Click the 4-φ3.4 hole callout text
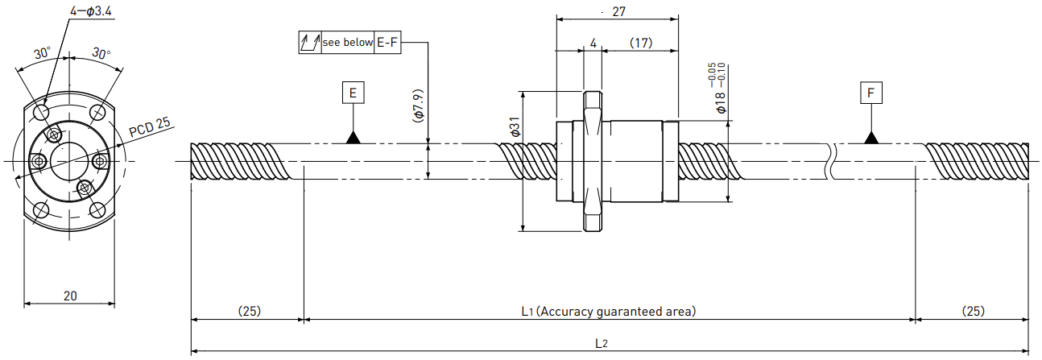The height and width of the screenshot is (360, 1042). [91, 11]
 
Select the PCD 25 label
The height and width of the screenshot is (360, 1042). [150, 127]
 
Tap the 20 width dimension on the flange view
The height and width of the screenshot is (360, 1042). [70, 296]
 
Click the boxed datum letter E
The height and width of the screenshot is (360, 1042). [353, 93]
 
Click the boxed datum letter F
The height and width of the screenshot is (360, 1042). [870, 93]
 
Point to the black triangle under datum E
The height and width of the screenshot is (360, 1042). [353, 138]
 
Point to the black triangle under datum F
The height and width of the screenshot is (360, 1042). [870, 138]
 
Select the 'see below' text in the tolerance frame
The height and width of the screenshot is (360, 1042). [348, 43]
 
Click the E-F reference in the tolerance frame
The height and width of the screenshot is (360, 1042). [387, 43]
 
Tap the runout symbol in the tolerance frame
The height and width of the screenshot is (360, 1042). [310, 43]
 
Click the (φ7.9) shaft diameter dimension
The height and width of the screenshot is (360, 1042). [418, 106]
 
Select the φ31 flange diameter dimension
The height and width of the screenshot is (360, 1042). [515, 126]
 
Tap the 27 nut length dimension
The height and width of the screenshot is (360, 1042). [618, 11]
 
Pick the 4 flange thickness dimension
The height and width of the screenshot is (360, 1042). [593, 43]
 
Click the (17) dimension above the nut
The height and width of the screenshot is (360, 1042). [640, 43]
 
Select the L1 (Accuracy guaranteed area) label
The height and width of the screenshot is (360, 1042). [609, 311]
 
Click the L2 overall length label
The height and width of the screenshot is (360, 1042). [601, 344]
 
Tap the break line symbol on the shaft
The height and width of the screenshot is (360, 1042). [831, 161]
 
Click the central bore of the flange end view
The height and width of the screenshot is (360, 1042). [69, 161]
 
